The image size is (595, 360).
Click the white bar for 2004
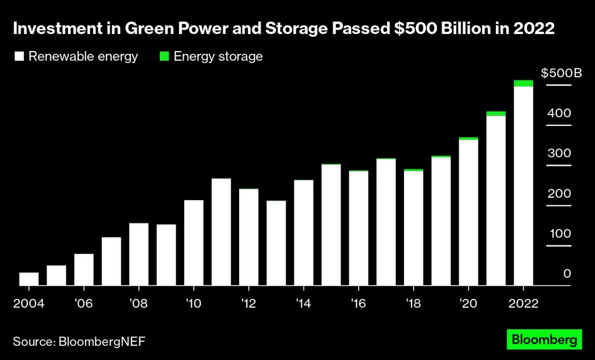pyautogui.click(x=29, y=279)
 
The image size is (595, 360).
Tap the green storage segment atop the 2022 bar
pyautogui.click(x=524, y=83)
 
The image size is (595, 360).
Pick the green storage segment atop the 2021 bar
pyautogui.click(x=496, y=113)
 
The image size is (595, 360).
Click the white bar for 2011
pyautogui.click(x=221, y=232)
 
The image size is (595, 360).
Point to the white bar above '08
pyautogui.click(x=139, y=255)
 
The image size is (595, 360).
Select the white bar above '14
pyautogui.click(x=304, y=233)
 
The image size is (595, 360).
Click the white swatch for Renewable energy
pyautogui.click(x=19, y=56)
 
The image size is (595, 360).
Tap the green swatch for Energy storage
pyautogui.click(x=164, y=56)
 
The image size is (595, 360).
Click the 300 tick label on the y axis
pyautogui.click(x=559, y=154)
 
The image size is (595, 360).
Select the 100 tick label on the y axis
pyautogui.click(x=559, y=234)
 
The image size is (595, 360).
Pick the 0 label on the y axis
pyautogui.click(x=567, y=274)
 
